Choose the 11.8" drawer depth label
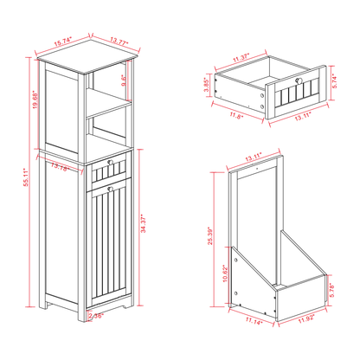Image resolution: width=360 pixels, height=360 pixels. click(x=235, y=113)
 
